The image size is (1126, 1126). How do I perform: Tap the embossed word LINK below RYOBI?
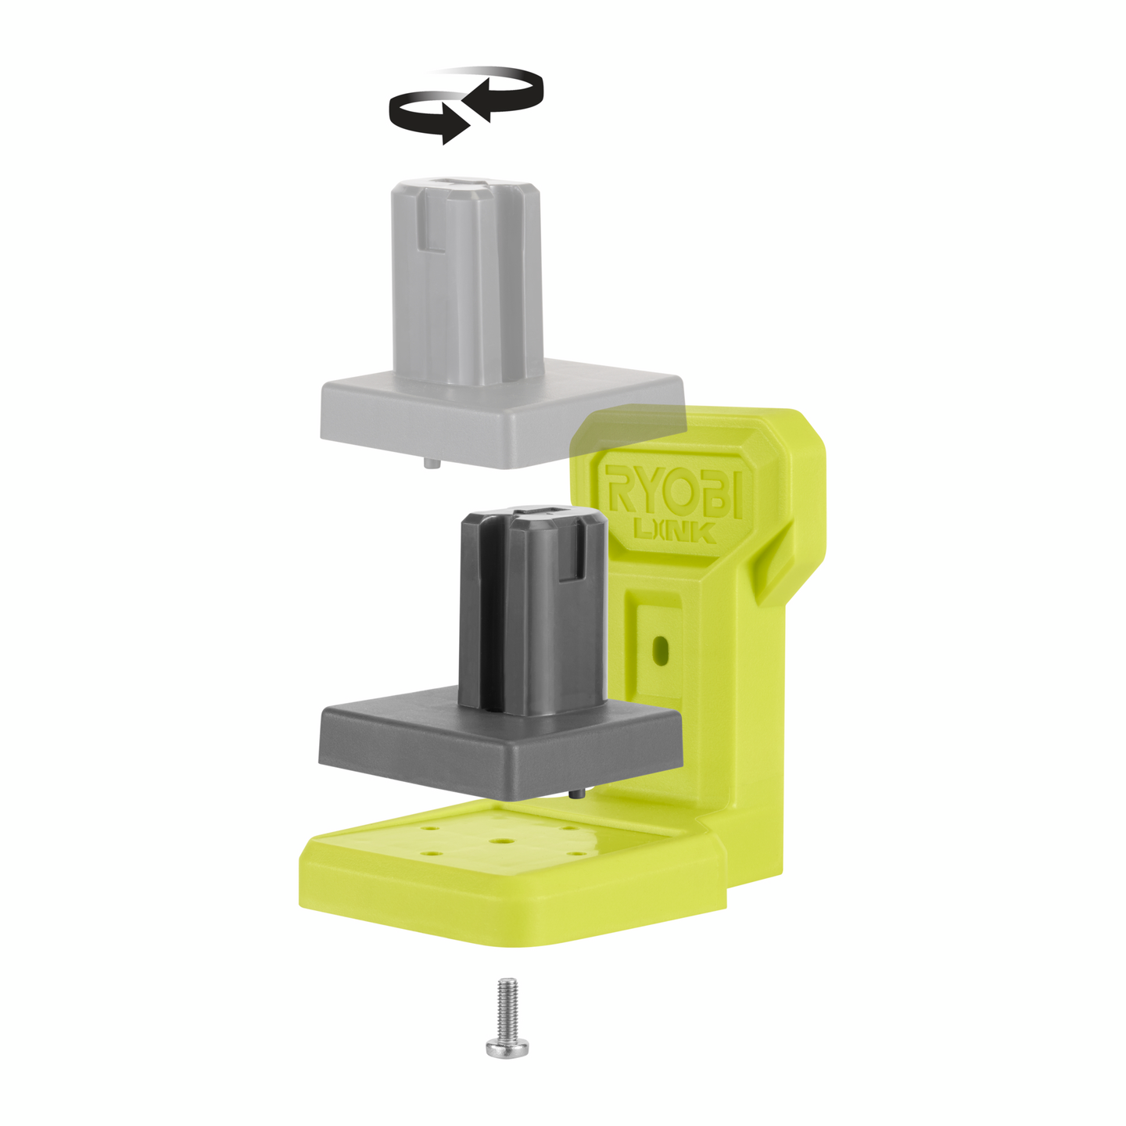click(673, 533)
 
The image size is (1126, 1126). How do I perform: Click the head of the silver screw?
click(506, 1046)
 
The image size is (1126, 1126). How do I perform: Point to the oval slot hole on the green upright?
click(661, 650)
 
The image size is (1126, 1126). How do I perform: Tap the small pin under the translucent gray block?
click(431, 463)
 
